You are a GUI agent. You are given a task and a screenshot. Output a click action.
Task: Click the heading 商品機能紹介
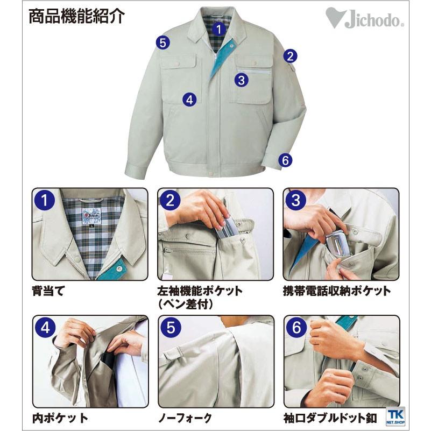click(77, 16)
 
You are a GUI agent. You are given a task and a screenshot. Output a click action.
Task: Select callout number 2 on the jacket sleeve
click(290, 55)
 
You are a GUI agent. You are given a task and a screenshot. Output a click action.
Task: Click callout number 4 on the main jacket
click(189, 99)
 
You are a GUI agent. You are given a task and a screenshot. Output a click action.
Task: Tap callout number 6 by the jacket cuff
click(285, 160)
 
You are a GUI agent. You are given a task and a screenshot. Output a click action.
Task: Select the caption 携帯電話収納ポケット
click(337, 291)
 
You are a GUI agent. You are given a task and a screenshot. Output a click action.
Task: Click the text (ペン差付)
click(186, 304)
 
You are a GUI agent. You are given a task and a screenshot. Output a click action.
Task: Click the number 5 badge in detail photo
click(170, 328)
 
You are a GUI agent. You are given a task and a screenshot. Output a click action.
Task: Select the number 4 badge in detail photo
click(45, 328)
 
